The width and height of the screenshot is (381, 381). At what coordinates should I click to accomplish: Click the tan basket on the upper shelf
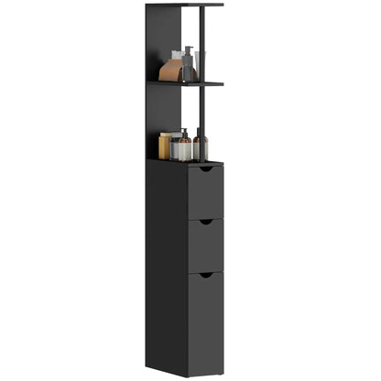pyautogui.click(x=170, y=71)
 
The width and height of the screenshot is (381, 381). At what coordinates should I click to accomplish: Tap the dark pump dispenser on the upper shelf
pyautogui.click(x=187, y=67)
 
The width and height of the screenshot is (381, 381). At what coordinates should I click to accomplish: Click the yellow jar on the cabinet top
pyautogui.click(x=165, y=147)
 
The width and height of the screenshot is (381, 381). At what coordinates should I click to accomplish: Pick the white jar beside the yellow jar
pyautogui.click(x=174, y=148)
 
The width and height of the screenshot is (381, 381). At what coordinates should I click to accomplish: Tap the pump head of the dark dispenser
pyautogui.click(x=188, y=50)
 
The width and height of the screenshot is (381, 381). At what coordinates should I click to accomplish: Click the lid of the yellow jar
pyautogui.click(x=165, y=136)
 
